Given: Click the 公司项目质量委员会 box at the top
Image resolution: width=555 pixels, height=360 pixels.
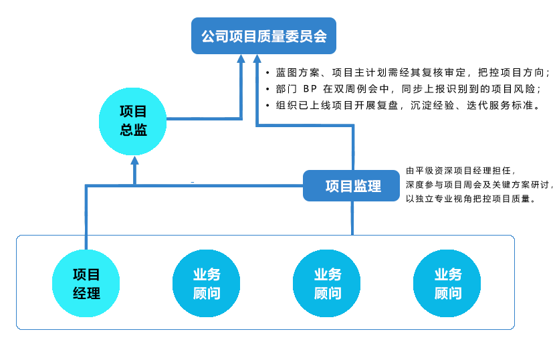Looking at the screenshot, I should coord(263,36).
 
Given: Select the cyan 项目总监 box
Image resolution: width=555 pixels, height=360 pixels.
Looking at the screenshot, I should coord(132,121).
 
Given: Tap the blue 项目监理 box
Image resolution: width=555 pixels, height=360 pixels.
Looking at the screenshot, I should coord(351,186).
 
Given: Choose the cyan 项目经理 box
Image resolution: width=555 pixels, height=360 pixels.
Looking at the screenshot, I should coord(86,283).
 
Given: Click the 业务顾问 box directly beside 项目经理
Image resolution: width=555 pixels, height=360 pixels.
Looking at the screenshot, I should coord(206,283).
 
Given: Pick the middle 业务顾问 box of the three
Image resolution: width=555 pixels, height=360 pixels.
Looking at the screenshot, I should coord(326,283).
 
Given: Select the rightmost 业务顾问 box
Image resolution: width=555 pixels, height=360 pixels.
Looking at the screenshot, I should coord(447,283).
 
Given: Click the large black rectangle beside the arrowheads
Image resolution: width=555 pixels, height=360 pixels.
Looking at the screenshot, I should coord(407,88).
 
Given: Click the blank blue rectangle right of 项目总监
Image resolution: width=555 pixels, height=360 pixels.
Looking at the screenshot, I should coord(211,102).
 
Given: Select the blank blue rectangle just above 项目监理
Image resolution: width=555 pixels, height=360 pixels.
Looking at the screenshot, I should coord(326,140).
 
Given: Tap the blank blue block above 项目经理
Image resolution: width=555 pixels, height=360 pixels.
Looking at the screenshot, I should coord(112,186).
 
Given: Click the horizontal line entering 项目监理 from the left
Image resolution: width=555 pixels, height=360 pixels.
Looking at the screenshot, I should coord(221,186).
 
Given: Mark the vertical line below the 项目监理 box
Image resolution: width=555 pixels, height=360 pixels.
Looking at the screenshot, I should coord(352,217).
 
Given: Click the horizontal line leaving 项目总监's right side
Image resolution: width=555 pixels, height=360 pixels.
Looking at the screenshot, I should coord(201,119).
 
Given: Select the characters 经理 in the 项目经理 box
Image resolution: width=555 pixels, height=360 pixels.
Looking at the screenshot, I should coord(86,293).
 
